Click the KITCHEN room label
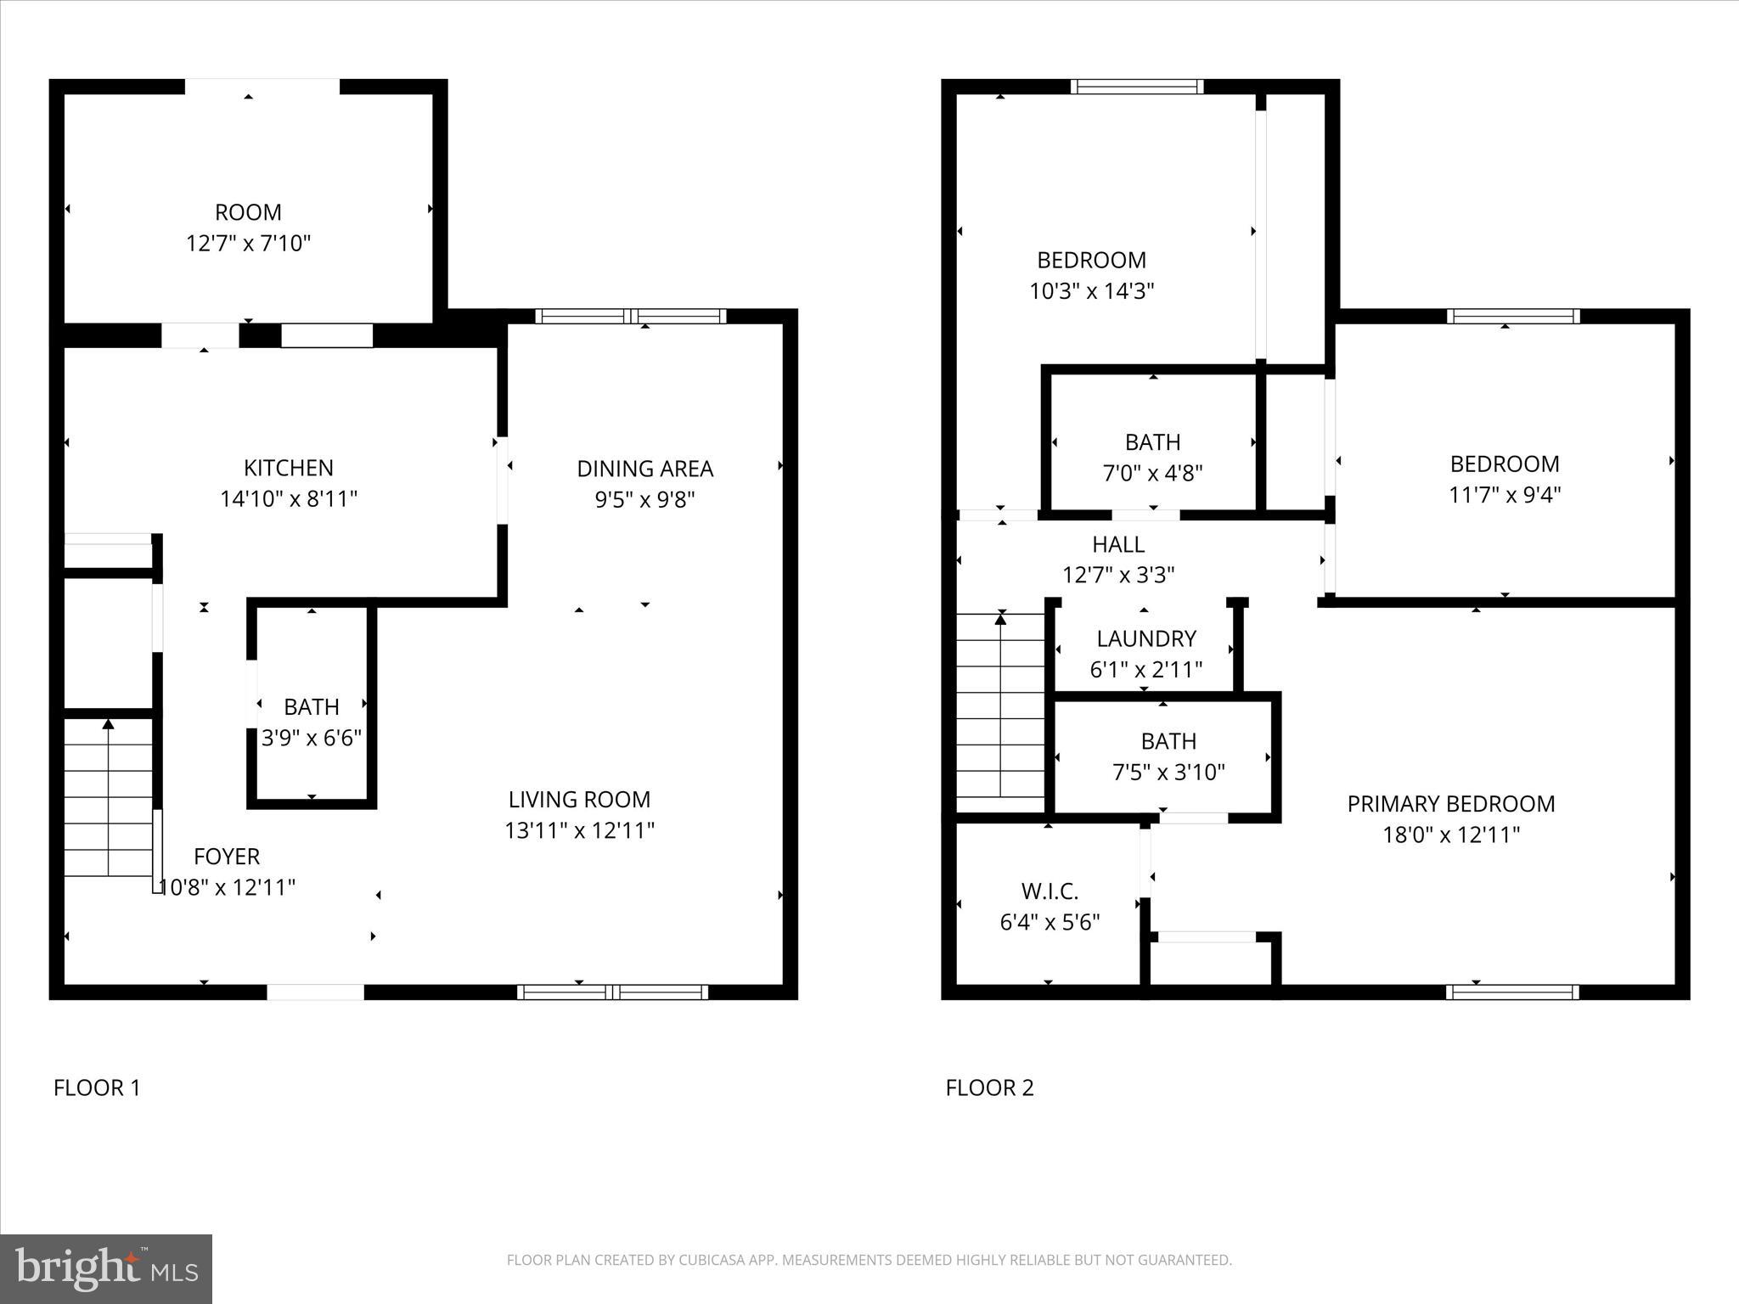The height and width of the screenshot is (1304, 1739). [288, 468]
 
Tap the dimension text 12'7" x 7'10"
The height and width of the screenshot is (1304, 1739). [248, 244]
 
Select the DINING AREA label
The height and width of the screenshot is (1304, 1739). [644, 469]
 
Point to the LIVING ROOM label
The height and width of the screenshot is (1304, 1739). [579, 799]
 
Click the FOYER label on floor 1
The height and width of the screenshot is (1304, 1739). [226, 856]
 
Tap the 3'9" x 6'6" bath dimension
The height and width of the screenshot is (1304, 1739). [312, 738]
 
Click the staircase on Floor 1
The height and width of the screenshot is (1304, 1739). [108, 798]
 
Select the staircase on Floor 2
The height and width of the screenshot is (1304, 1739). [1000, 713]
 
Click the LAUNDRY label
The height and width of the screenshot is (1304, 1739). [1145, 638]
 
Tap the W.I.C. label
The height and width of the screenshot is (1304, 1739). [1050, 891]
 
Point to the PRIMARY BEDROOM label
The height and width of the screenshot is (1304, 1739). [1450, 804]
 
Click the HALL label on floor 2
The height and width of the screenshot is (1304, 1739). [1117, 544]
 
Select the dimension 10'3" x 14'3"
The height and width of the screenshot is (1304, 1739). [1091, 291]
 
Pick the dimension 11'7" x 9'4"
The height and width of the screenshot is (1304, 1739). [1504, 495]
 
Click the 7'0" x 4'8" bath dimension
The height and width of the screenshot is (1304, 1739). [1152, 473]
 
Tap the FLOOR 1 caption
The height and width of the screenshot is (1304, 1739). [97, 1088]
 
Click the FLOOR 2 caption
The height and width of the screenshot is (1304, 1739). [989, 1088]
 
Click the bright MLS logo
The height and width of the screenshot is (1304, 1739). [106, 1269]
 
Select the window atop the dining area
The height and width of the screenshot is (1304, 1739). [630, 317]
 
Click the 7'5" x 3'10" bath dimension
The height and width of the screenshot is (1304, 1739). [1168, 772]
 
